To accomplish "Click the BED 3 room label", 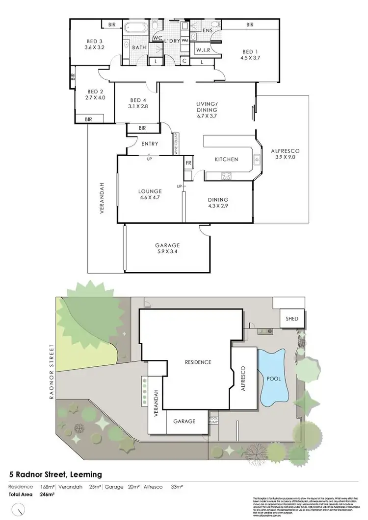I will [93, 41].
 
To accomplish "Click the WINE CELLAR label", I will [175, 144].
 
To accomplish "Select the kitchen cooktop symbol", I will [226, 175].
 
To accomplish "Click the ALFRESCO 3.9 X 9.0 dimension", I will [285, 158].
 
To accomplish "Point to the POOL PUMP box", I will [213, 420].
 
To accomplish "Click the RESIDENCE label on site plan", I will [198, 362].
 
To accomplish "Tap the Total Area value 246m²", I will [48, 495].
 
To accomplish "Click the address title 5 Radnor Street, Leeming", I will [56, 474].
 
